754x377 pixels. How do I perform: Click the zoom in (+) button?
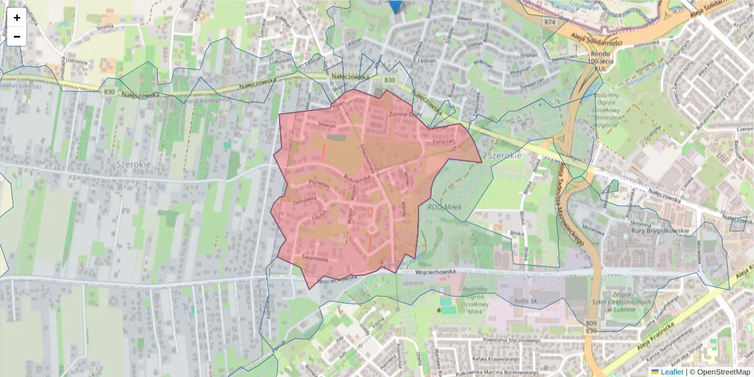point(17,18)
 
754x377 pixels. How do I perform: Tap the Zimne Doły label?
point(406,115)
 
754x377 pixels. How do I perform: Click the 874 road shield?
point(551,22)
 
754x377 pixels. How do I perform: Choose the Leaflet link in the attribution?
point(672,372)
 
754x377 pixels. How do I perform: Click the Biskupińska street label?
point(356,178)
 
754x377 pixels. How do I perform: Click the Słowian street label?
point(327,125)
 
